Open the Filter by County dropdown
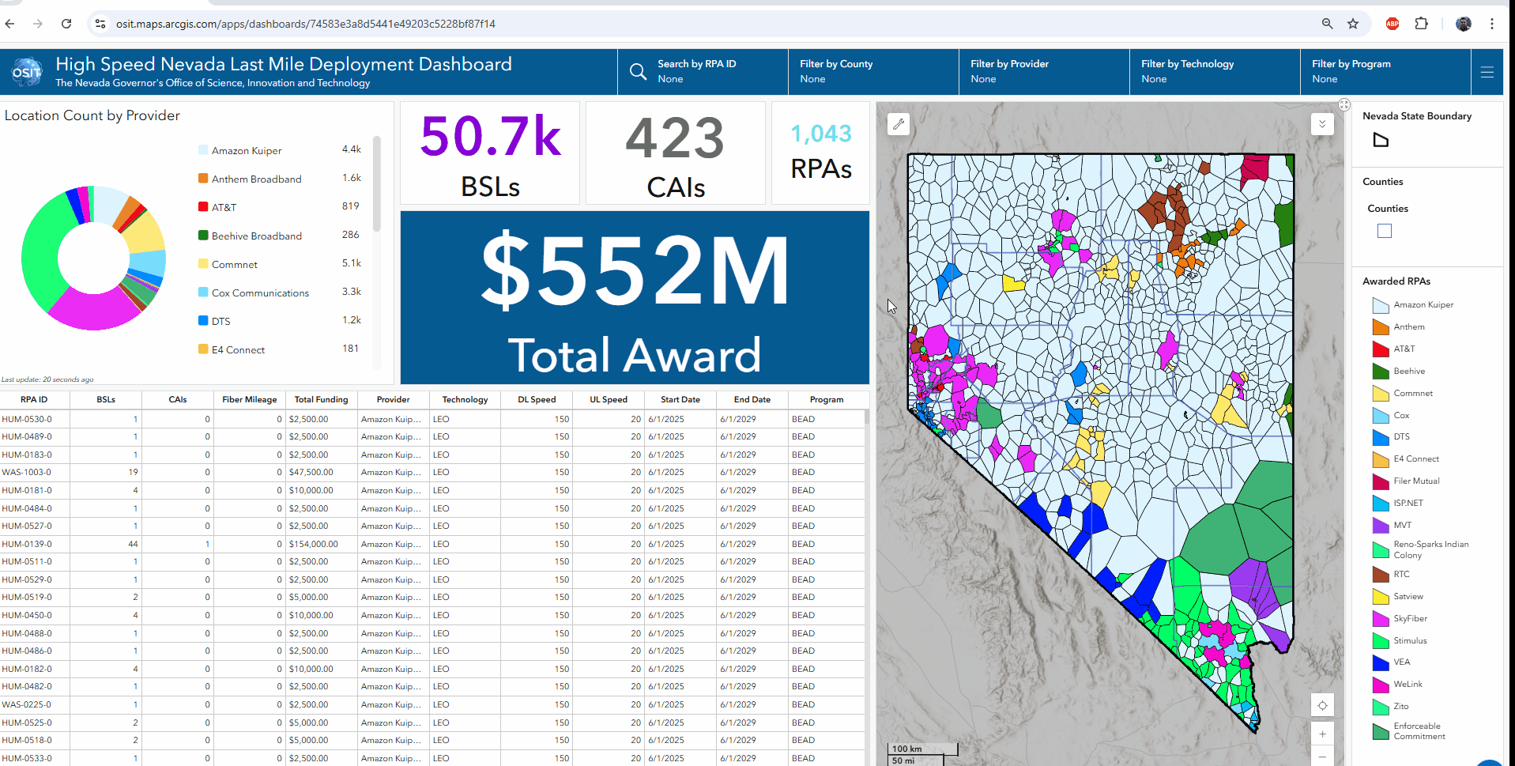[872, 71]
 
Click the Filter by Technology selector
[1214, 71]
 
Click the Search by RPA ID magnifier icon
[637, 72]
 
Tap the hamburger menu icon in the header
[1487, 72]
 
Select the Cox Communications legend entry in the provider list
[260, 293]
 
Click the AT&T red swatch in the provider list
[203, 207]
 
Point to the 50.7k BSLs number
[490, 137]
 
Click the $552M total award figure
[635, 271]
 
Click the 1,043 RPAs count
[820, 134]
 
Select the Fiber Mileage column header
[249, 400]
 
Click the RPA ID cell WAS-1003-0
[27, 473]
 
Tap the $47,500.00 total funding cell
[311, 473]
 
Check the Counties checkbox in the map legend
[1384, 231]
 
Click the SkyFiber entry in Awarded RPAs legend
[1410, 619]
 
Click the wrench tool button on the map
[898, 124]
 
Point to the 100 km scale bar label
[907, 749]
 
